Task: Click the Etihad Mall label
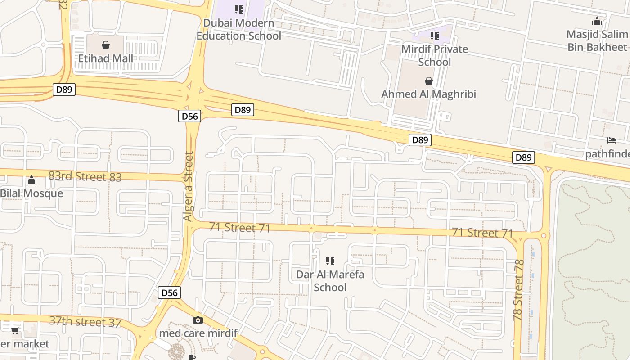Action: point(106,58)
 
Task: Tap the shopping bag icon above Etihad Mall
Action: point(106,45)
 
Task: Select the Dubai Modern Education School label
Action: point(239,29)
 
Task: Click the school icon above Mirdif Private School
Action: point(434,36)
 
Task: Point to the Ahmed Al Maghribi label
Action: point(428,94)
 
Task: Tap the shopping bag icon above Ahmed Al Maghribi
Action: point(429,81)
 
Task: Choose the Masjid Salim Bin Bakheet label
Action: point(597,40)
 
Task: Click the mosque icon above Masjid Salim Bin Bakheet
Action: point(597,21)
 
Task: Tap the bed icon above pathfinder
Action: point(611,140)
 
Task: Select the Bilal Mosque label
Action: point(31,193)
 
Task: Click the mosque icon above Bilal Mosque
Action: point(31,180)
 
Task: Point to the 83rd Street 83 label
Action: point(85,176)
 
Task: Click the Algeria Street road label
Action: point(188,186)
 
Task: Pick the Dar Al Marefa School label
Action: point(330,281)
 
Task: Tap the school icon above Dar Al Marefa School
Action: point(330,261)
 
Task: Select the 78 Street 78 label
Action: point(518,290)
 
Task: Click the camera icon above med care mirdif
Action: point(198,320)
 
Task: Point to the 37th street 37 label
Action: point(85,322)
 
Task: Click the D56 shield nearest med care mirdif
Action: point(170,293)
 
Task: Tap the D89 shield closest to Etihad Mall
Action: point(64,90)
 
